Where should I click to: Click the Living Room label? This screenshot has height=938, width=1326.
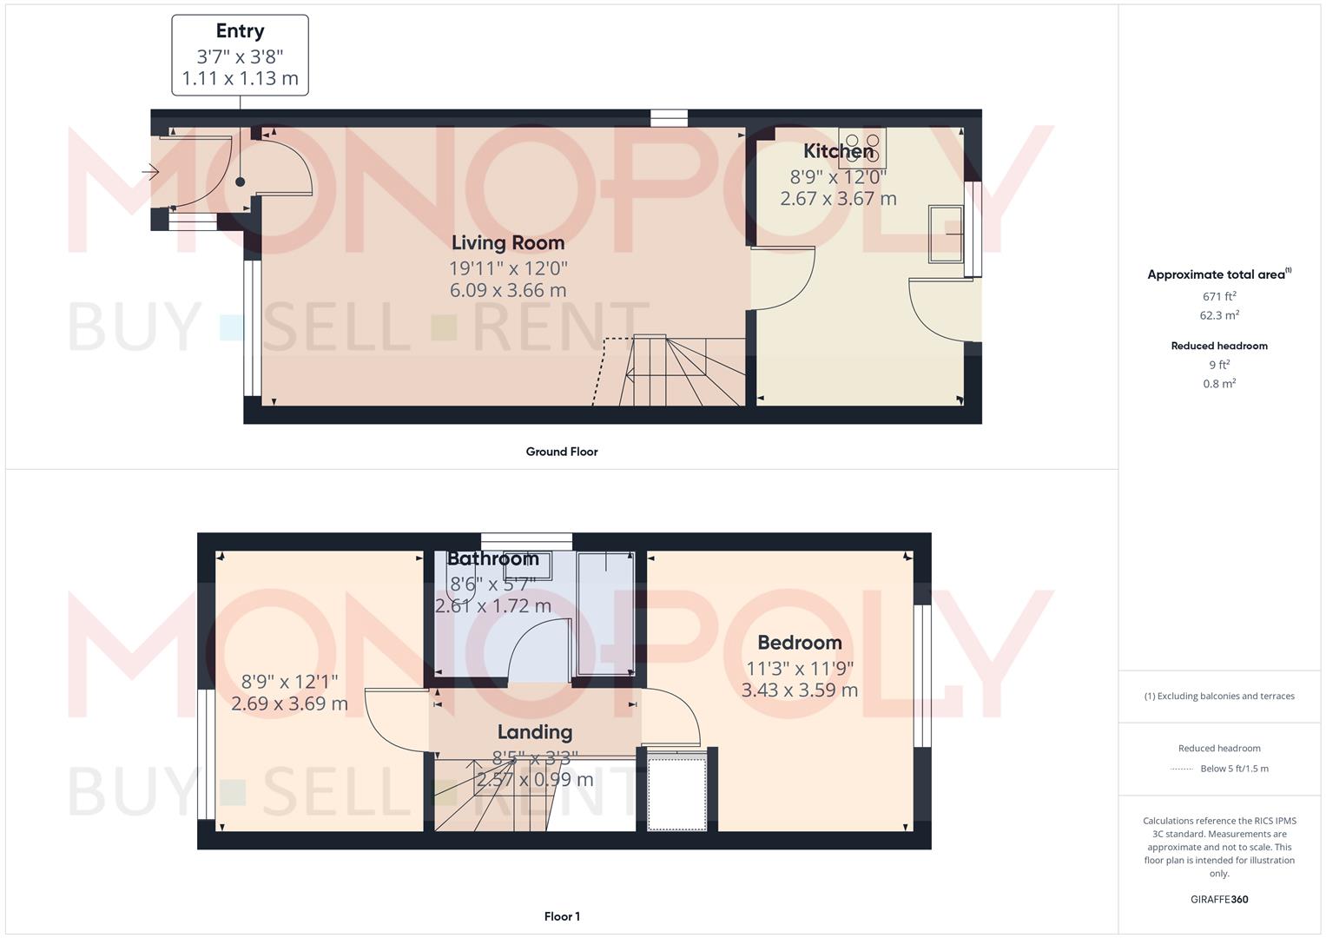pos(507,243)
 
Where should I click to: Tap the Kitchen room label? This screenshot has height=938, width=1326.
pos(837,151)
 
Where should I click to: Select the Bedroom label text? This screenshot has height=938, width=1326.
pos(799,643)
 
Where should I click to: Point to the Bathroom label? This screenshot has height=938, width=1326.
pos(492,558)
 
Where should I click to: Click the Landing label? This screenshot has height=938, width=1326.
pos(534,732)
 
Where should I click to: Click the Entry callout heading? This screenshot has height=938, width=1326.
pos(240,31)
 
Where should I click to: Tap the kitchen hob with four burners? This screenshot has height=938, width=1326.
pos(862,148)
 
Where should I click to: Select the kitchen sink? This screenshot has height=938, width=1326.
pos(947,233)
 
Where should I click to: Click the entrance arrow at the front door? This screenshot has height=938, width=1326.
pos(150,173)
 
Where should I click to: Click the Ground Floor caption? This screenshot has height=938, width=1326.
pos(561,452)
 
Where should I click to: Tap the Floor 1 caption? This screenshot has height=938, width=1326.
pos(562,916)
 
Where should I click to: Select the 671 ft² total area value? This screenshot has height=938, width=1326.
pos(1219,296)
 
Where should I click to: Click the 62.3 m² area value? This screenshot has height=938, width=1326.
pos(1219,315)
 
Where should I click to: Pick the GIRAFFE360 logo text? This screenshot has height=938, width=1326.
pos(1219,900)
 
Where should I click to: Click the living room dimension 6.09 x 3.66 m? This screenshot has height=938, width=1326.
pos(507,290)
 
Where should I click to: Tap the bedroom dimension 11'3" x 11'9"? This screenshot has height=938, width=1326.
pos(799,668)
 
